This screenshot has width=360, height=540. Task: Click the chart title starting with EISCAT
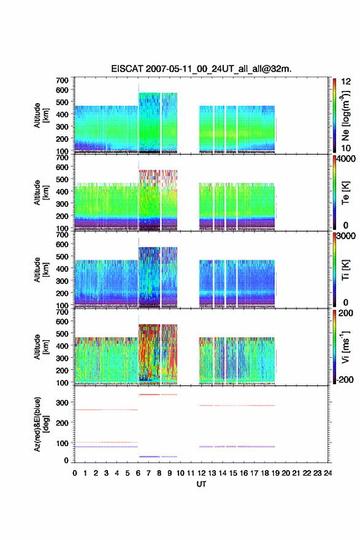201,69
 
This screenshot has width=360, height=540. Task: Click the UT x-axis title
201,484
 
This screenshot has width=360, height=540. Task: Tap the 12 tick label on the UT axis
201,473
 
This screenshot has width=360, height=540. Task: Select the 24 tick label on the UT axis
327,473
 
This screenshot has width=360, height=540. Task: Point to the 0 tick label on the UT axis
75,473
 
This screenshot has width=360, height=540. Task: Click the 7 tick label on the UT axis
148,473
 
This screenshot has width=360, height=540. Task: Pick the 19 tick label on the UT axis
275,473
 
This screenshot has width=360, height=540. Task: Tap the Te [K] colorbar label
345,193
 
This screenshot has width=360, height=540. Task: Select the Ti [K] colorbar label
345,270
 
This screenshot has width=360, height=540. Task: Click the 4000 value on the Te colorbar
346,159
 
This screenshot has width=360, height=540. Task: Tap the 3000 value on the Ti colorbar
346,236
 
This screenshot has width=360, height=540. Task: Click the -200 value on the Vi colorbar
343,379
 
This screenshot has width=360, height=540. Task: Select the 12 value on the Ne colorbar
346,82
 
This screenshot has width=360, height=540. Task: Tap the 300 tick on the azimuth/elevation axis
63,403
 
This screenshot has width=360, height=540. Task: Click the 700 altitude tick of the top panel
63,80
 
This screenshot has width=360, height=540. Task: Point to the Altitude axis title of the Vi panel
41,347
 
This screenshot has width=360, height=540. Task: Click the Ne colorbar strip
334,116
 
